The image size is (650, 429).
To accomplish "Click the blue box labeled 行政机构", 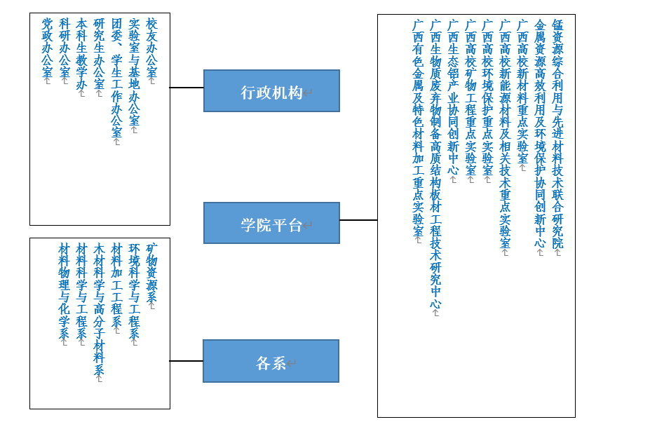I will tap(271, 91).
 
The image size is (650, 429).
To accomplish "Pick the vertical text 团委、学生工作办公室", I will tap(116, 78).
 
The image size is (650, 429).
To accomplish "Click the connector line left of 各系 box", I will tap(187, 361).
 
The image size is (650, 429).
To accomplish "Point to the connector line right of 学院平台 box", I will tap(358, 220).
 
